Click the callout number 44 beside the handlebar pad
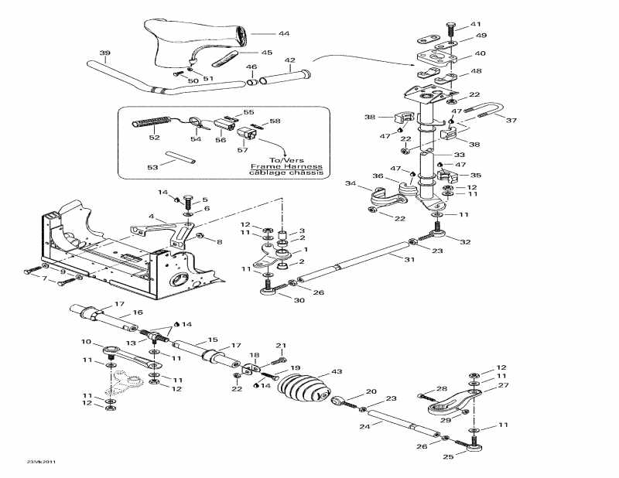[284, 34]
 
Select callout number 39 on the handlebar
[104, 53]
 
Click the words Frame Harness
[286, 166]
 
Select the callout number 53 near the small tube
[153, 167]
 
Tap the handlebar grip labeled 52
[152, 123]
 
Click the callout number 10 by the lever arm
[87, 342]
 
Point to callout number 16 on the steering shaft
[139, 312]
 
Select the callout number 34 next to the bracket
[350, 183]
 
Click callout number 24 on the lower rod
[364, 426]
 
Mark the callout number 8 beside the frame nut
[219, 242]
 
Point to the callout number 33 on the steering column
[460, 155]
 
